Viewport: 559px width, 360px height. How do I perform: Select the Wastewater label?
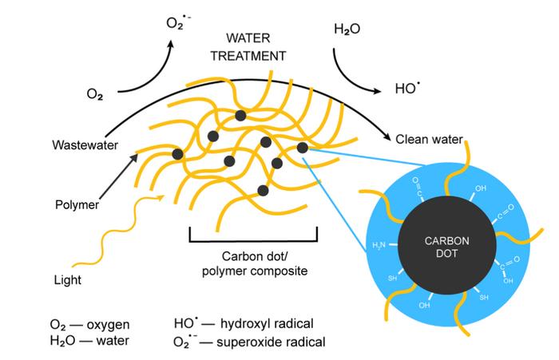pyautogui.click(x=83, y=145)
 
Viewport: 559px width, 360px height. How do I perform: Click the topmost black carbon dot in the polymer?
pyautogui.click(x=240, y=116)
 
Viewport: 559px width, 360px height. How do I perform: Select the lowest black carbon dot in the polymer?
pyautogui.click(x=263, y=190)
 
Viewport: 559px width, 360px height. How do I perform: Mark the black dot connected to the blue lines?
pyautogui.click(x=302, y=147)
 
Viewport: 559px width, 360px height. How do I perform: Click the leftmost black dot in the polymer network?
pyautogui.click(x=177, y=153)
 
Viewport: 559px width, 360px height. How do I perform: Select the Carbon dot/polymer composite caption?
pyautogui.click(x=253, y=264)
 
